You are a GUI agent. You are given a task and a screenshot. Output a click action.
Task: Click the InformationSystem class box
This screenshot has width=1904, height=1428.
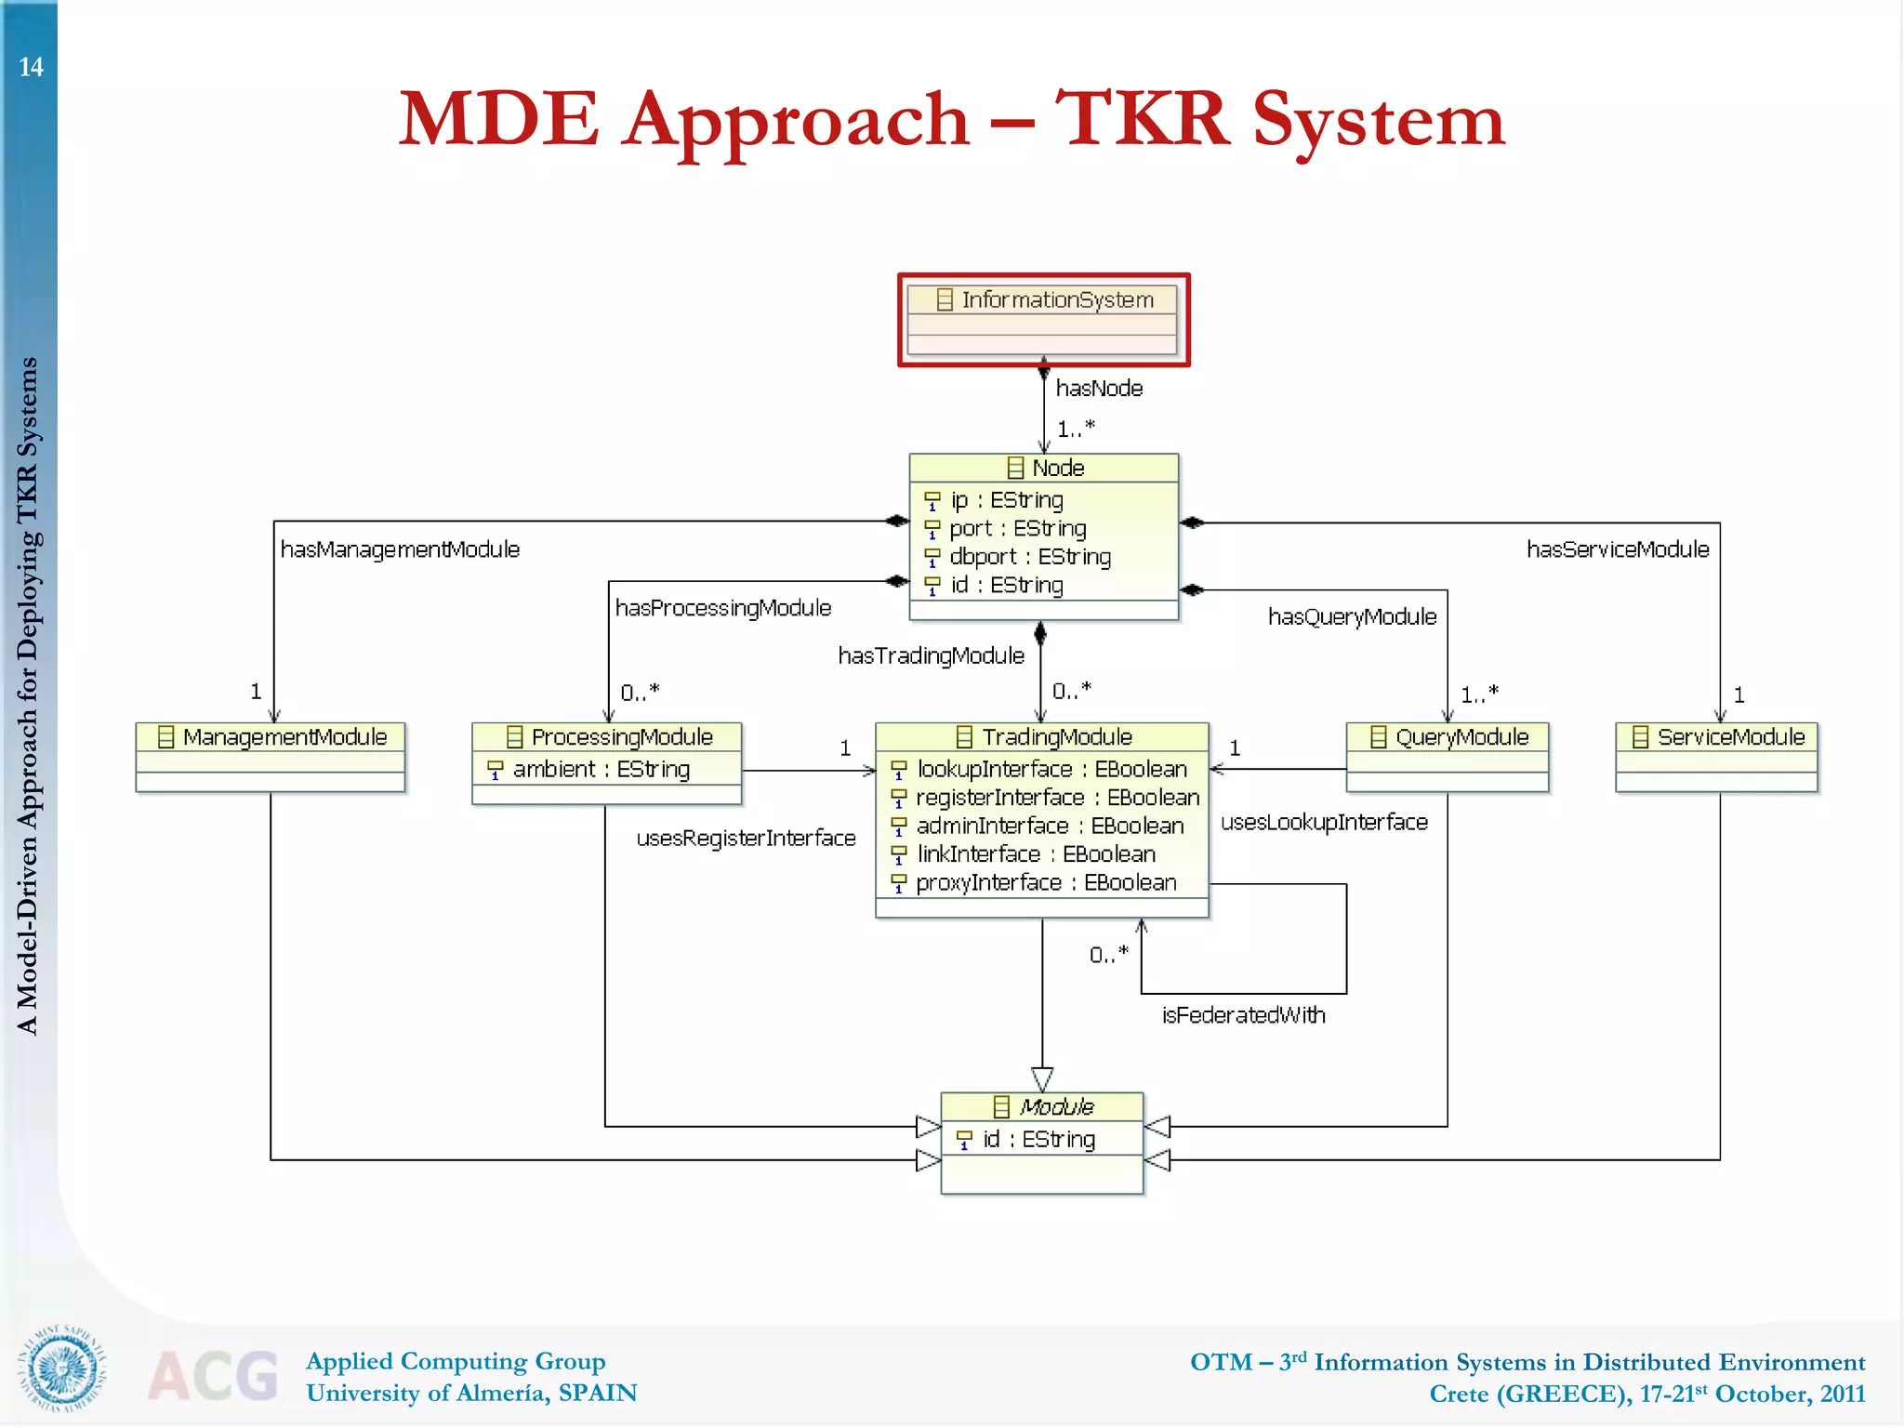(x=1042, y=319)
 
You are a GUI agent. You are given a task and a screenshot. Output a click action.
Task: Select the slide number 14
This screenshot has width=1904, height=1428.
(x=31, y=67)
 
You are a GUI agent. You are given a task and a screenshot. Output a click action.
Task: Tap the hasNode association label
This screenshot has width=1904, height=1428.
(x=1098, y=389)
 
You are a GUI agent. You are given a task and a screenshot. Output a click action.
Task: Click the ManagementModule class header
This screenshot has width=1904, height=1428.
(x=271, y=737)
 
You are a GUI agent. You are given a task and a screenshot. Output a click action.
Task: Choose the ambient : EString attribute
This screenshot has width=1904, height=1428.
(x=601, y=770)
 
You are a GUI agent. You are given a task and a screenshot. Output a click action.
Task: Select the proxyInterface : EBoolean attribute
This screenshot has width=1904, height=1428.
(x=1045, y=883)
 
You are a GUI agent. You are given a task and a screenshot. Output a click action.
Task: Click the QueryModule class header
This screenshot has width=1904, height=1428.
(x=1448, y=737)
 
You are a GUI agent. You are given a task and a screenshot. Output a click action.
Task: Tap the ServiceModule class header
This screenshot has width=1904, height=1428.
(x=1717, y=737)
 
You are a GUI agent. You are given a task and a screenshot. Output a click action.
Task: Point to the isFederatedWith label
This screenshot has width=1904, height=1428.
(x=1243, y=1015)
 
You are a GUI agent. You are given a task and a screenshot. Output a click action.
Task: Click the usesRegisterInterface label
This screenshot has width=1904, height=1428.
(x=746, y=839)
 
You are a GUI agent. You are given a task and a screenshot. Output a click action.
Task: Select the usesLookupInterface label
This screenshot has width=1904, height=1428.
(x=1324, y=823)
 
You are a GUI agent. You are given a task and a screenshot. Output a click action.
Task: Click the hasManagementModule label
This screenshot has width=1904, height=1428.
(x=400, y=549)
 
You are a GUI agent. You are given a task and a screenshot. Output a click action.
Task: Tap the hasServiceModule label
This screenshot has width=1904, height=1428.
(x=1617, y=549)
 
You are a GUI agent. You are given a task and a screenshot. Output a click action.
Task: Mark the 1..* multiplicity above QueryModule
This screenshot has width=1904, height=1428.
(x=1479, y=694)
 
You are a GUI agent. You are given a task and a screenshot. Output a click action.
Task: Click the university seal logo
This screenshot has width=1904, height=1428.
(x=62, y=1368)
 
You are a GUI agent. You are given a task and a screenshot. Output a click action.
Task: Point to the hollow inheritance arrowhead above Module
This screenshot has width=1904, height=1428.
(x=1042, y=1078)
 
